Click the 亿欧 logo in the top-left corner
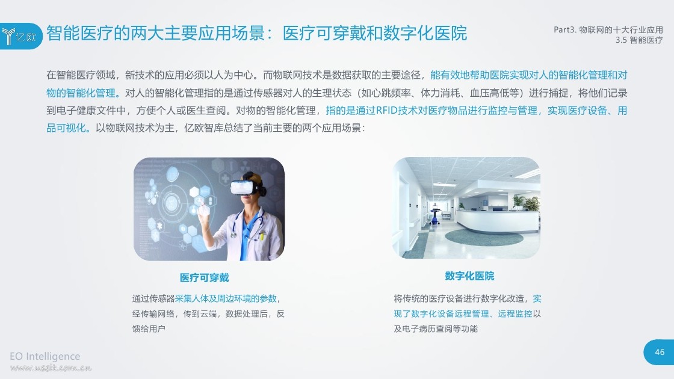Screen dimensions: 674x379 pyautogui.click(x=20, y=36)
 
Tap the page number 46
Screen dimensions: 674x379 pyautogui.click(x=660, y=353)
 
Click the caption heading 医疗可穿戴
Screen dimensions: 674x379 pyautogui.click(x=204, y=278)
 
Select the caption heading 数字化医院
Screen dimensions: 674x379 pyautogui.click(x=469, y=276)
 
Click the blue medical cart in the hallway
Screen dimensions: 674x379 pyautogui.click(x=435, y=214)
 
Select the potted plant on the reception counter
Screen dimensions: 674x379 pyautogui.click(x=532, y=203)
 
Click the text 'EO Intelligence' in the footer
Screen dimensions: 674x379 pyautogui.click(x=45, y=356)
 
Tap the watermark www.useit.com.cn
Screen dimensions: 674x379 pyautogui.click(x=51, y=368)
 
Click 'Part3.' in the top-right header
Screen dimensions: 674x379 pyautogui.click(x=564, y=29)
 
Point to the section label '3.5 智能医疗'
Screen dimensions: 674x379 pyautogui.click(x=638, y=40)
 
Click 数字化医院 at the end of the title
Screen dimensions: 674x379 pyautogui.click(x=425, y=33)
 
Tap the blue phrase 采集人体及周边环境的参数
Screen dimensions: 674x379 pyautogui.click(x=226, y=298)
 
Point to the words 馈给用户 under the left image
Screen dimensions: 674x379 pyautogui.click(x=149, y=328)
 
